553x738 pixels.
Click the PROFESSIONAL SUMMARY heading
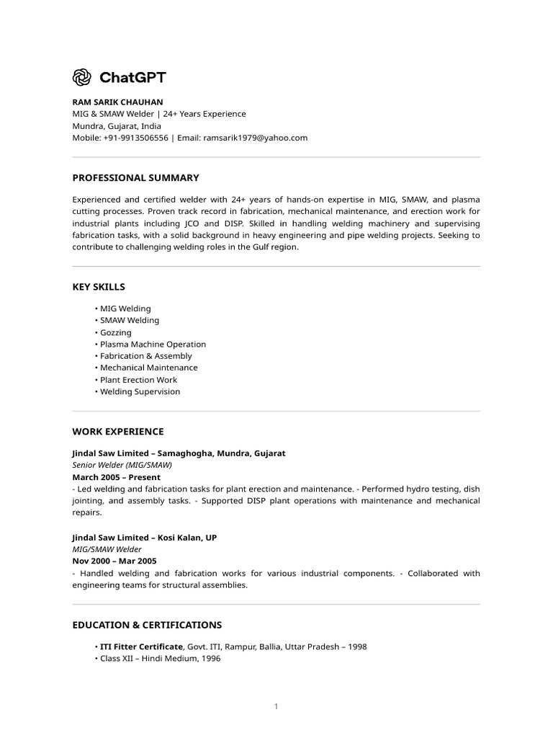point(135,177)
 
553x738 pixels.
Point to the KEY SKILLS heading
point(99,287)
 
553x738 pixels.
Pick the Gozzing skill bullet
point(115,332)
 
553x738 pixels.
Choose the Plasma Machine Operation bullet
point(153,344)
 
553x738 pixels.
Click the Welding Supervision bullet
point(140,392)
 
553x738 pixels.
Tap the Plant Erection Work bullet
point(138,380)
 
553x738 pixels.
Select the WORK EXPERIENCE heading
point(118,432)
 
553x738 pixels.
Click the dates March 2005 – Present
point(116,477)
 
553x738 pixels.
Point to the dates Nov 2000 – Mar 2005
point(114,561)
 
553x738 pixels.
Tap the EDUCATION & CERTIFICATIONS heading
point(147,625)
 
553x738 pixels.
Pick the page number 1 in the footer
point(276,706)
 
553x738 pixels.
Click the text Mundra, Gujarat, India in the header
point(117,126)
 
